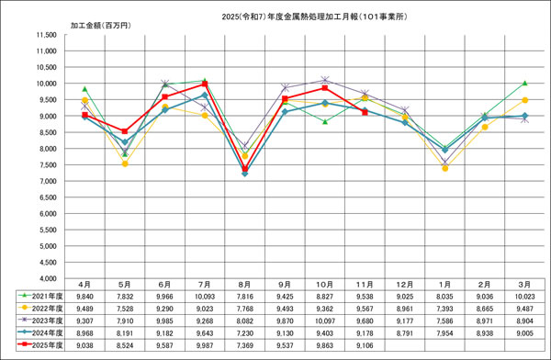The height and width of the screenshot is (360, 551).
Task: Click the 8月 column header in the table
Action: click(x=244, y=286)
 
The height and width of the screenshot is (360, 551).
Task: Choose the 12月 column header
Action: click(x=405, y=286)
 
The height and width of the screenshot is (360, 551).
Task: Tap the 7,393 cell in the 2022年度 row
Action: click(x=444, y=309)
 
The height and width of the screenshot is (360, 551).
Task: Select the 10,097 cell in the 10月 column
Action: click(x=324, y=321)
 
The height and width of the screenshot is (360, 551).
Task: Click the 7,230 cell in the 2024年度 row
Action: click(x=244, y=333)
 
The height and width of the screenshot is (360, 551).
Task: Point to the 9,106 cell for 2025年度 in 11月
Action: click(x=365, y=345)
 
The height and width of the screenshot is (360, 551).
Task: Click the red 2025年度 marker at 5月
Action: click(x=124, y=131)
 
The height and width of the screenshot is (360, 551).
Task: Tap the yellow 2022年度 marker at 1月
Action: click(x=444, y=168)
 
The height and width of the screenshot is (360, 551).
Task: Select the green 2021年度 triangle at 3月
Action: click(x=524, y=83)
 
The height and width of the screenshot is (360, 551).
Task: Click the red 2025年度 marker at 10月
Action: click(x=324, y=88)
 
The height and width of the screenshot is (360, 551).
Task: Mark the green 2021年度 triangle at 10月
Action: click(x=324, y=121)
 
